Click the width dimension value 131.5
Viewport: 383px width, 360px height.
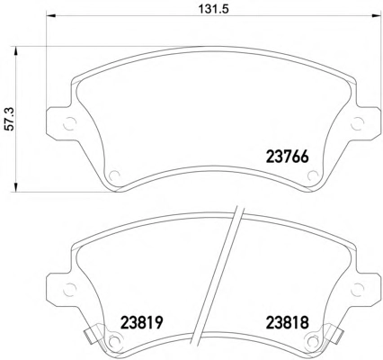214,9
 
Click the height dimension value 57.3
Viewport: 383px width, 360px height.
10,120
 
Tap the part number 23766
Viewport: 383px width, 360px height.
288,157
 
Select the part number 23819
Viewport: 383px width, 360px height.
141,323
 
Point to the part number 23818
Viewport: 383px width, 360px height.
288,323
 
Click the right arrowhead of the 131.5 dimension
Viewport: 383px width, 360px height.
375,16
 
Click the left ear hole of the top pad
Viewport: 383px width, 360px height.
70,123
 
